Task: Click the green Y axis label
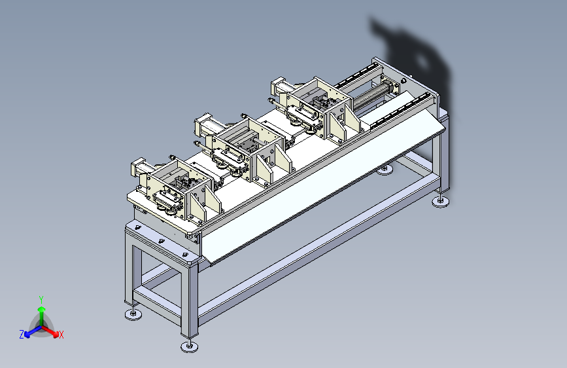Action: coord(41,299)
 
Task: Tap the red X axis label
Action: coord(61,335)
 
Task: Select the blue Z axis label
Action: coord(22,335)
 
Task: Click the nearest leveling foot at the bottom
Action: coord(190,346)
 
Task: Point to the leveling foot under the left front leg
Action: coord(133,314)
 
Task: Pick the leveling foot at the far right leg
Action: coord(441,202)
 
